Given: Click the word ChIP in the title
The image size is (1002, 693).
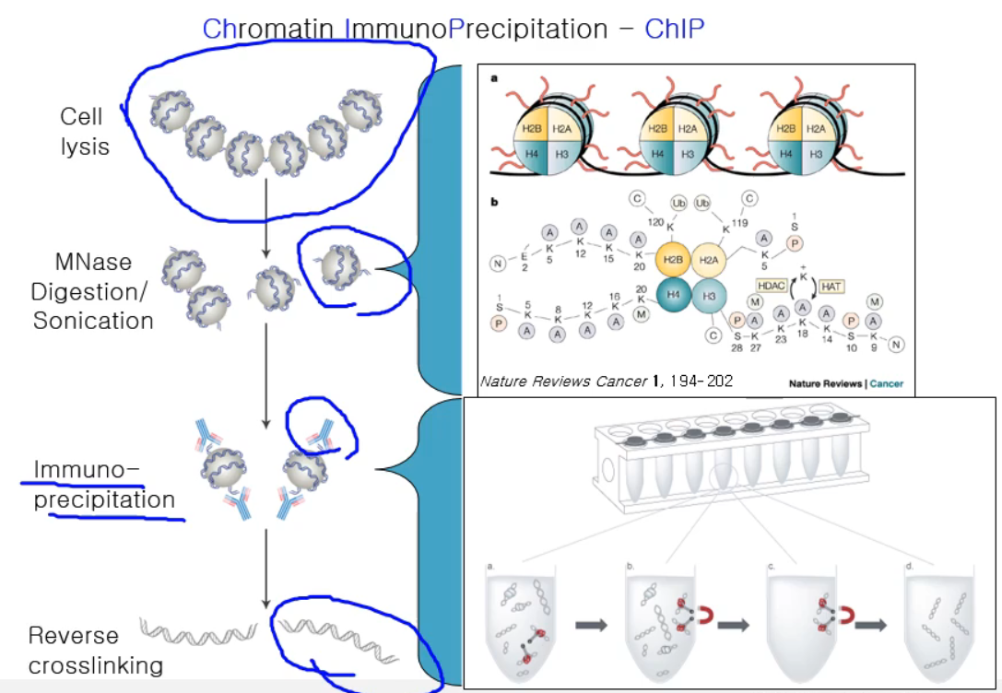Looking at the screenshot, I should pyautogui.click(x=675, y=29).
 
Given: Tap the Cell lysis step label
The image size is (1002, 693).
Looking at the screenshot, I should pyautogui.click(x=82, y=131).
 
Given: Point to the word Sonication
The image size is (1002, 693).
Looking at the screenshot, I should pyautogui.click(x=93, y=321).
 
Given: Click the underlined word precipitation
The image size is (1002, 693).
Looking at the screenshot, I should pyautogui.click(x=104, y=500).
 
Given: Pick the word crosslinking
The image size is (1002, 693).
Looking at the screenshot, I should pyautogui.click(x=95, y=664).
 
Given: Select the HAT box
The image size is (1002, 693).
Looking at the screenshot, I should pyautogui.click(x=831, y=288).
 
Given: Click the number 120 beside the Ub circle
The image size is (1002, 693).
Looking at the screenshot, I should pyautogui.click(x=655, y=221).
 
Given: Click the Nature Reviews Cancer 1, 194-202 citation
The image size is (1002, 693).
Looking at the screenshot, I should pyautogui.click(x=607, y=381).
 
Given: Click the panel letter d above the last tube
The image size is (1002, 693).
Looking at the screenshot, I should pyautogui.click(x=909, y=566).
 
